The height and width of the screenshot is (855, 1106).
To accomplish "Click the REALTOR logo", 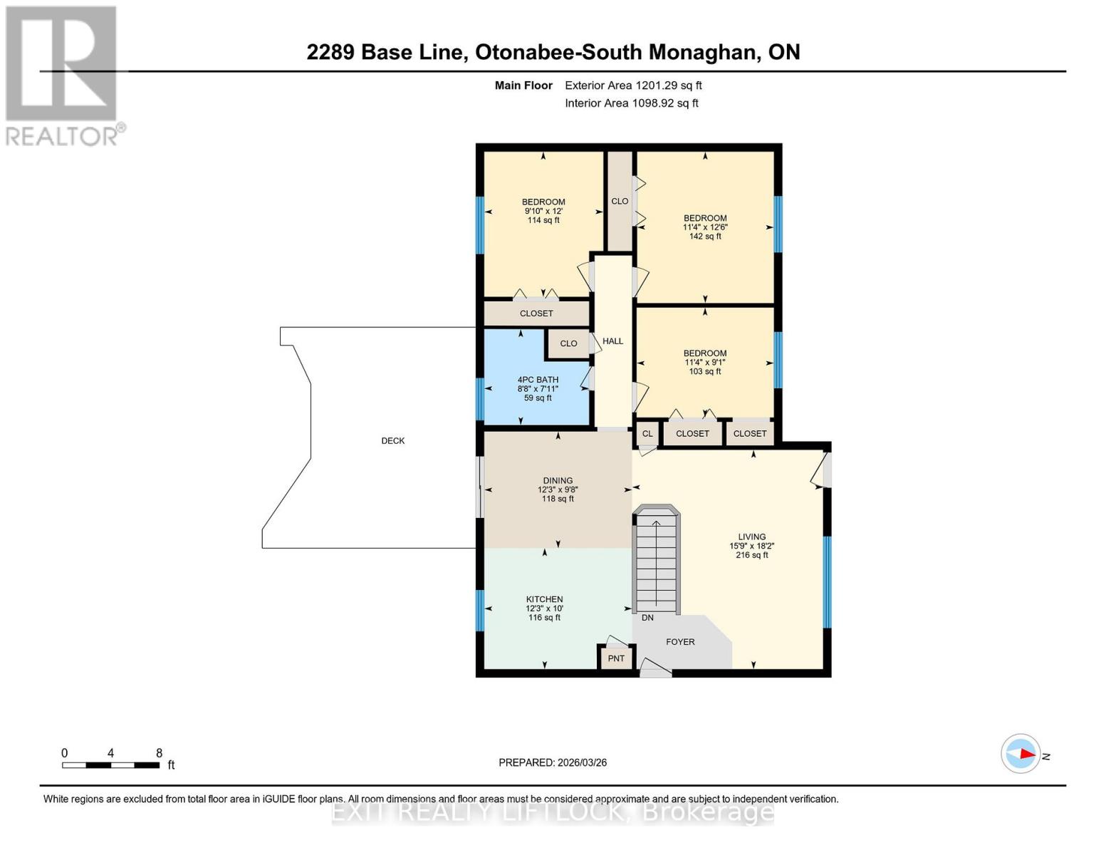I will (62, 75).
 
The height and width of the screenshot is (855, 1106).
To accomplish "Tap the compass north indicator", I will (1021, 753).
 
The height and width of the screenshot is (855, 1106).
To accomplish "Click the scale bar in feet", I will (110, 765).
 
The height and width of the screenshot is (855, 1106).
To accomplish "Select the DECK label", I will (392, 441).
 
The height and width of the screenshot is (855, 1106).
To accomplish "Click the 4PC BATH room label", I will (538, 380).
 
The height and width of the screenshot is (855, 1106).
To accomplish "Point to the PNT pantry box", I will (616, 658).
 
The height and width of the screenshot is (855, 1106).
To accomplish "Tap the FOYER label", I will (680, 642).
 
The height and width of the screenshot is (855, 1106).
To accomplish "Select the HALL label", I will (612, 341).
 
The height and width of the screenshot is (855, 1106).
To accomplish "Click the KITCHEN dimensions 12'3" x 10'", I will (544, 608).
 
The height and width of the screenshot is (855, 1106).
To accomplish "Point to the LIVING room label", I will (751, 537).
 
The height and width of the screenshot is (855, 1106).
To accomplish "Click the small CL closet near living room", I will (647, 433).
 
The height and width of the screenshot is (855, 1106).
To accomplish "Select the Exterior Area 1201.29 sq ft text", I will (633, 85).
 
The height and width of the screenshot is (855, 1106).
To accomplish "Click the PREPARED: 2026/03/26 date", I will (553, 762).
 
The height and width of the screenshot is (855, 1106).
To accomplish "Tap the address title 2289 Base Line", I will (553, 52).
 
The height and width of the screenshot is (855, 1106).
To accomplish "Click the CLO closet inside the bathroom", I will (568, 343).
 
